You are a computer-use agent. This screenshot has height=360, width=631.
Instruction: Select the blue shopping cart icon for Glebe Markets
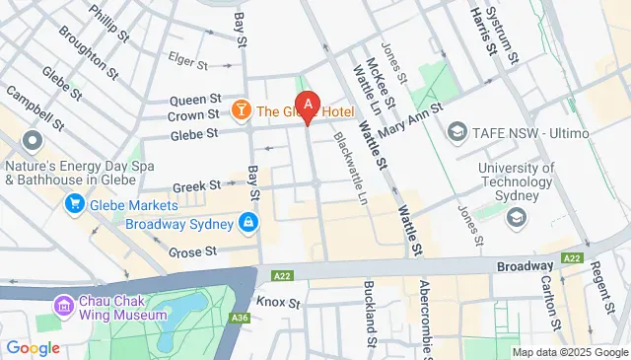click(73, 204)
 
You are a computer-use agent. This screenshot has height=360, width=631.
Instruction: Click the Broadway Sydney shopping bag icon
click(249, 224)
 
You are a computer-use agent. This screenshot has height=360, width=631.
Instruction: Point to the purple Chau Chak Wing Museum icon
click(65, 306)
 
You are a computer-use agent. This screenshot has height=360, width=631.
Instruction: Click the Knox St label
click(277, 300)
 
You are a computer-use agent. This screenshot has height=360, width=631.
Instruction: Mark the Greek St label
click(196, 185)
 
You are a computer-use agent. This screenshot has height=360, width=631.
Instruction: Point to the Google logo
click(34, 347)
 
